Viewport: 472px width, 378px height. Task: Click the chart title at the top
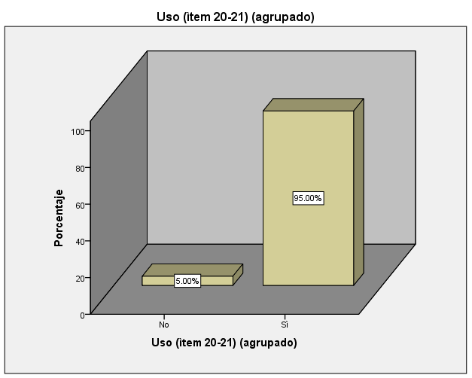pos(236,17)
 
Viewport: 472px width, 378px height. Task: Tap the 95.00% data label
pos(308,198)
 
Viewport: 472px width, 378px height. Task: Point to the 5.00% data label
pos(187,282)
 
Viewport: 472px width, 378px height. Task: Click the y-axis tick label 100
pos(78,131)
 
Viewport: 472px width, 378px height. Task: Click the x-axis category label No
pos(163,325)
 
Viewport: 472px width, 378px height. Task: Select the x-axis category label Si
pos(284,325)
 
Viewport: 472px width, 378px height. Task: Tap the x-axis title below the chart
pos(224,343)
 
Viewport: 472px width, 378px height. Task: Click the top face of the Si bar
pos(313,105)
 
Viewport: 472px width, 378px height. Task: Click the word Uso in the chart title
pos(169,17)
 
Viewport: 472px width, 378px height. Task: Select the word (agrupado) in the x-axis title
pos(271,343)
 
